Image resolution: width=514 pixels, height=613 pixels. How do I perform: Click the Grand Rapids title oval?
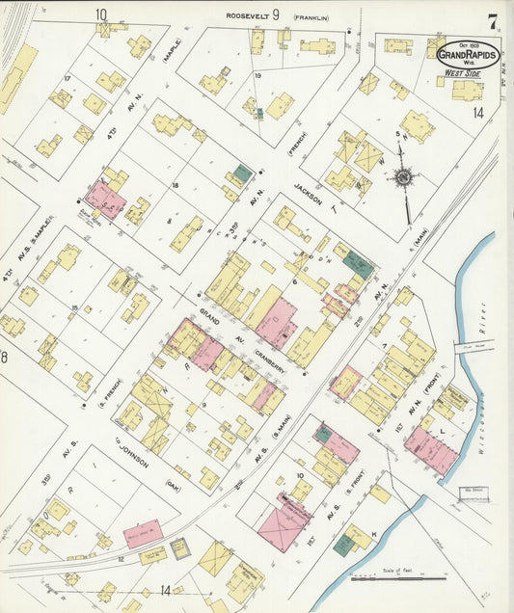click(x=468, y=55)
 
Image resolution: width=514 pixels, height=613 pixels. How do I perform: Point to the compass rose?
click(x=401, y=177)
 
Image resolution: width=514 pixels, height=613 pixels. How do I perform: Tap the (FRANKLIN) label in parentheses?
click(x=311, y=16)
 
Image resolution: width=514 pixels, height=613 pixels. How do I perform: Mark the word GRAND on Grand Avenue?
click(x=184, y=313)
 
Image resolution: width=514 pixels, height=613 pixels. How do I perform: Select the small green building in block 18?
click(x=239, y=174)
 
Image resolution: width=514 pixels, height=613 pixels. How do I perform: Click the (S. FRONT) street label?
click(x=359, y=482)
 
